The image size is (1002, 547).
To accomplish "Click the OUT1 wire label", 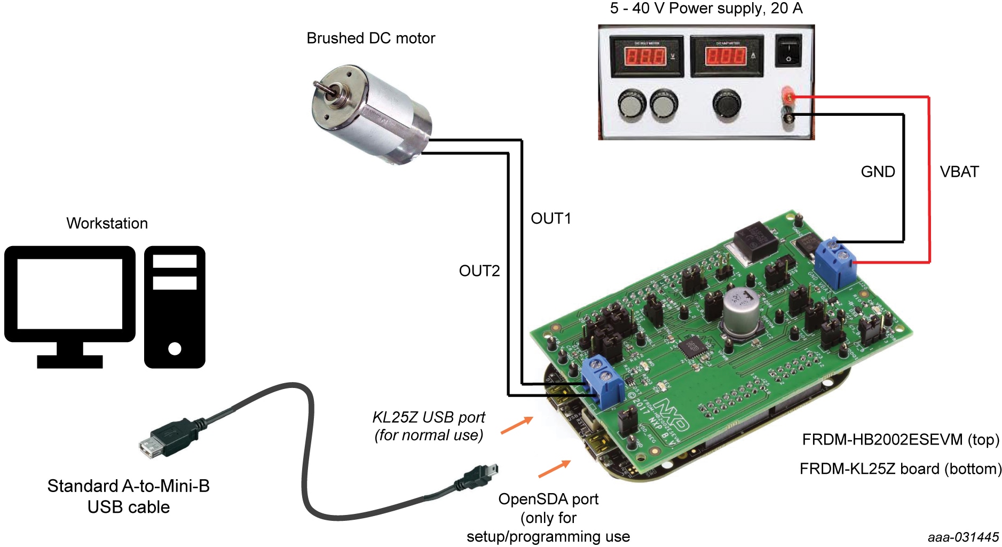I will (550, 218).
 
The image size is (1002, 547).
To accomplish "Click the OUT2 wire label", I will (479, 271).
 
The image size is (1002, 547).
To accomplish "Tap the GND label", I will (878, 172).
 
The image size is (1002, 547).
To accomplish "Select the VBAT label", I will (959, 172).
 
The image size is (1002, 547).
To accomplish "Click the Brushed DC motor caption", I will (370, 38).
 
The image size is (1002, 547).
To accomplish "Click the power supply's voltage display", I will (645, 56).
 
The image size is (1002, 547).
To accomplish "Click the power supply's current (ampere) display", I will (725, 56).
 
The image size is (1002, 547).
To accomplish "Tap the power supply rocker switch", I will (788, 50).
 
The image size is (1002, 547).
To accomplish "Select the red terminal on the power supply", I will (788, 97).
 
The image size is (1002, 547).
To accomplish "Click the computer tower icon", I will (175, 306).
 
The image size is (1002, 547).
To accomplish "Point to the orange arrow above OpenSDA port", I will (554, 469).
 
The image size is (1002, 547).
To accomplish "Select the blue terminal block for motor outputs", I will (603, 380).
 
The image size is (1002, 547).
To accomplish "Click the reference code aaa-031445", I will (962, 537).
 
